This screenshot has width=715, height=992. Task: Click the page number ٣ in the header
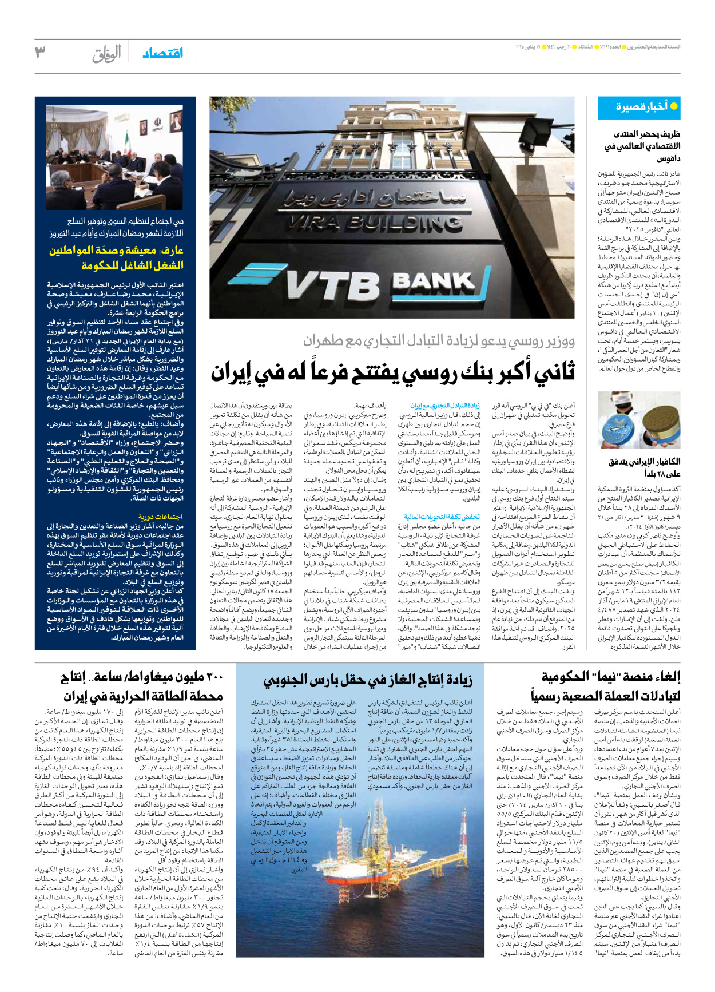[40, 53]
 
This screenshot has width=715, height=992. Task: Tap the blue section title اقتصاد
[162, 53]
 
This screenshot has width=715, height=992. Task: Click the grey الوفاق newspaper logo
[107, 54]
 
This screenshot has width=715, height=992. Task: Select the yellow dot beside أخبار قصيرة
[674, 107]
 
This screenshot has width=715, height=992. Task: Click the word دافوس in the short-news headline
[668, 158]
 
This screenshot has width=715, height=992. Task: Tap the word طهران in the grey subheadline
[325, 341]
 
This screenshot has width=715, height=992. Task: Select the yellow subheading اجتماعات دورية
[161, 516]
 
